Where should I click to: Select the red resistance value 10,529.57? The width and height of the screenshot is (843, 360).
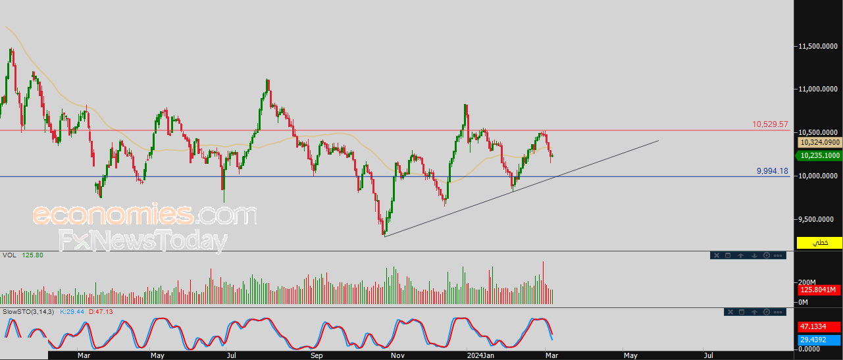tap(770, 124)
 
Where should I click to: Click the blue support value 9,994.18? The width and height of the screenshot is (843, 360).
tap(772, 171)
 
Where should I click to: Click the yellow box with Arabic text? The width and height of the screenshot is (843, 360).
tap(819, 243)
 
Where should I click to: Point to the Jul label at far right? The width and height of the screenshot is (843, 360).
tap(708, 355)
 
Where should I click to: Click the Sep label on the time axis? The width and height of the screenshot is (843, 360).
tap(317, 355)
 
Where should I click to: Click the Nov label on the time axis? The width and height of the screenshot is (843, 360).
tap(397, 355)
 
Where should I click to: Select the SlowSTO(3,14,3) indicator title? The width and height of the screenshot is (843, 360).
tap(28, 311)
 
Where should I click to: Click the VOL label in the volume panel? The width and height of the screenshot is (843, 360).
tap(9, 255)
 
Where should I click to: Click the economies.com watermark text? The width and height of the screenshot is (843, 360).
tap(145, 215)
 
